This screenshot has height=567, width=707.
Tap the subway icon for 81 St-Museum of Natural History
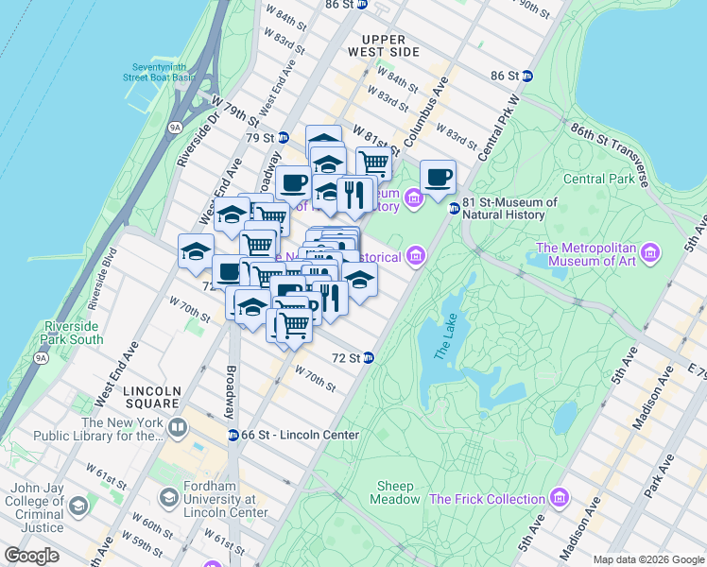(454, 209)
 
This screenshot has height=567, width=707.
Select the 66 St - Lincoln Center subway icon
(233, 435)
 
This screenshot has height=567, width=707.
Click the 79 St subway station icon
(283, 138)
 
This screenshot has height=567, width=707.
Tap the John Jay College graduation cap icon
(78, 506)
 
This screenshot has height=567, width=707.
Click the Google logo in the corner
(31, 556)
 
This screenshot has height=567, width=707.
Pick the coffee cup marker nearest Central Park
(438, 177)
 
